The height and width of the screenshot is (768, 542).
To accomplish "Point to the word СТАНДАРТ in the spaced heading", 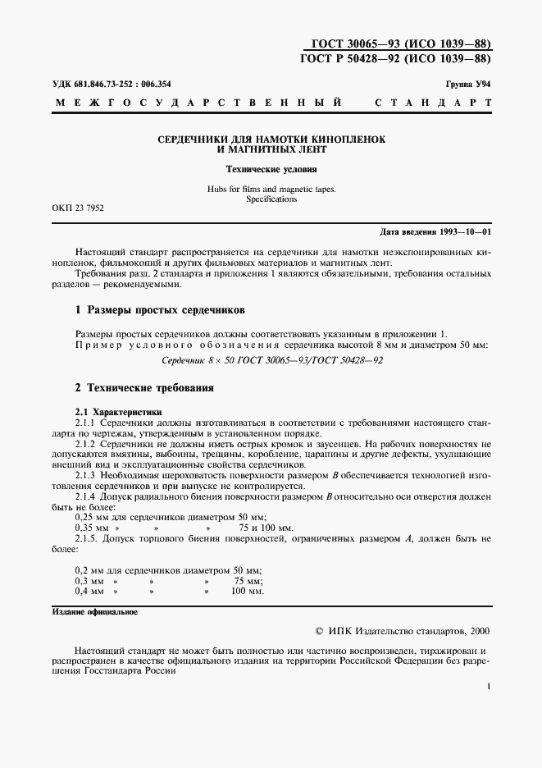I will [x=433, y=104].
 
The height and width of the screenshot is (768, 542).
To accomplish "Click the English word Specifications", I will [x=271, y=199].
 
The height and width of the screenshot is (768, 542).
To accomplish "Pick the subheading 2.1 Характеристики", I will [x=119, y=411].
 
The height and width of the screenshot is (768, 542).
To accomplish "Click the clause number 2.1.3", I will [x=86, y=475].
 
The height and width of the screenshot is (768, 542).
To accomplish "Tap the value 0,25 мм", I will [x=89, y=517].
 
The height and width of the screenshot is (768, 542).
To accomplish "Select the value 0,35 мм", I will [x=89, y=528].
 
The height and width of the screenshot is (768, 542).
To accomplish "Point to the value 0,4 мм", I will [x=89, y=591].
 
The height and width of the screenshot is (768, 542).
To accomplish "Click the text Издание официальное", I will [x=95, y=612].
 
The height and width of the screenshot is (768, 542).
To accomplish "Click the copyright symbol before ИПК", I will [x=320, y=633].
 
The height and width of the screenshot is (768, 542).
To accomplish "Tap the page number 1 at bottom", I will [x=488, y=688].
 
